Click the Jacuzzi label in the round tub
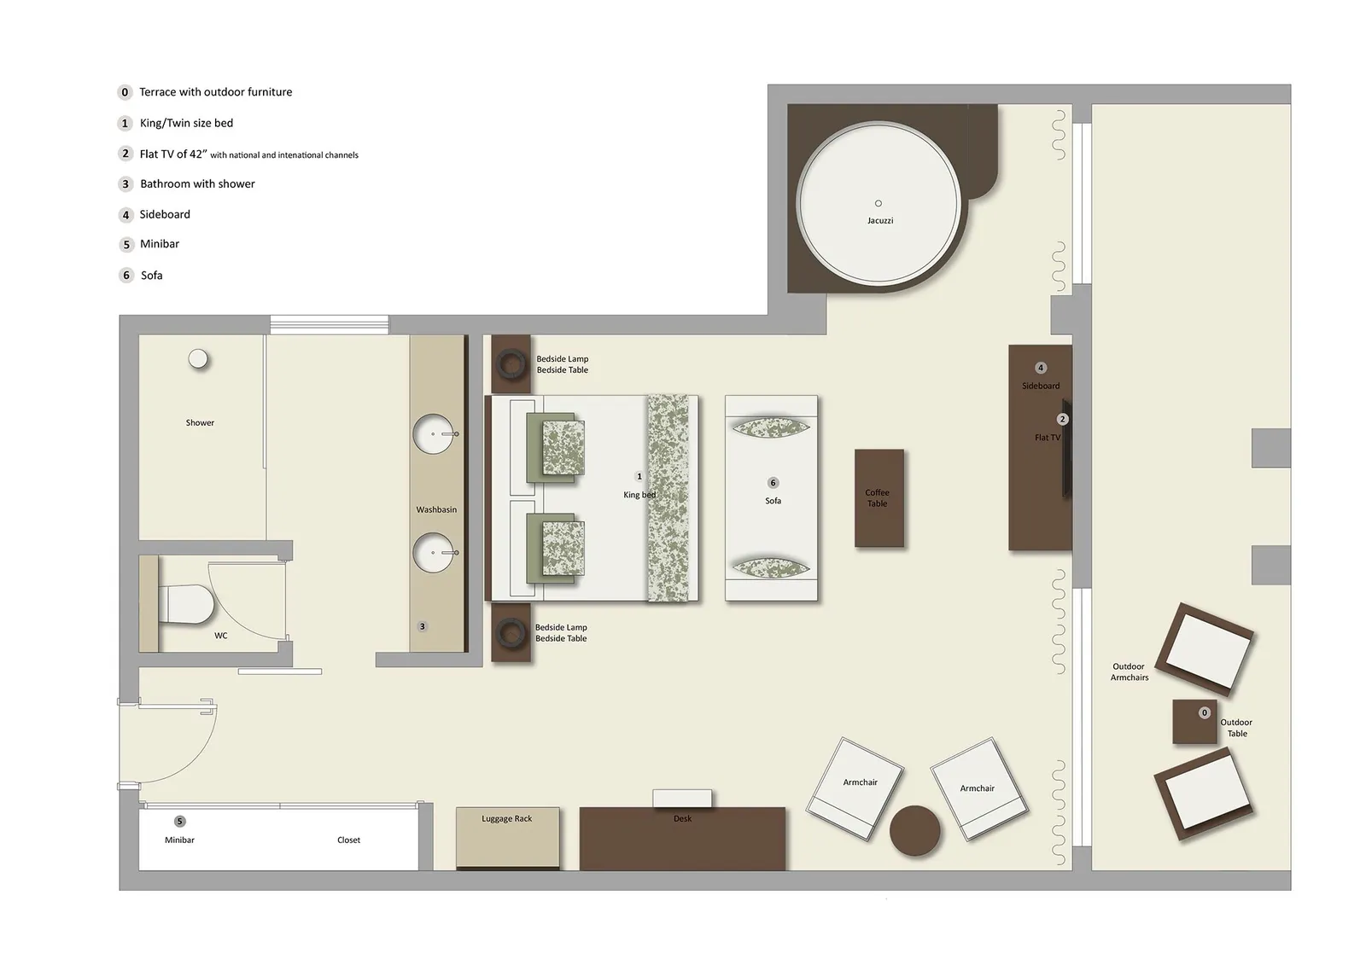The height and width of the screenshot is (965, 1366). pyautogui.click(x=880, y=221)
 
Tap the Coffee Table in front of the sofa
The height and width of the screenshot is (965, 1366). pyautogui.click(x=879, y=498)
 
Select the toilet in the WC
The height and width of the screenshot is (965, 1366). pyautogui.click(x=187, y=604)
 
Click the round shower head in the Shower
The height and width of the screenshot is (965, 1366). pyautogui.click(x=198, y=359)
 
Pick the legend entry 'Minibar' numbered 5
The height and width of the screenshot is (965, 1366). pyautogui.click(x=160, y=244)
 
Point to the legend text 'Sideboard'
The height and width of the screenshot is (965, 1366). pyautogui.click(x=165, y=214)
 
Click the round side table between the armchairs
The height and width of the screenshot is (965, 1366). pyautogui.click(x=914, y=830)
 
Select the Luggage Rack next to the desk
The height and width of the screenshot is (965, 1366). pyautogui.click(x=507, y=838)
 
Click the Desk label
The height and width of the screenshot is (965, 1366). pyautogui.click(x=682, y=819)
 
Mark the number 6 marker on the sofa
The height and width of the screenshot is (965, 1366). pyautogui.click(x=773, y=483)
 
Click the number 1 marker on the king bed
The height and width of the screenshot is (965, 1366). pyautogui.click(x=639, y=477)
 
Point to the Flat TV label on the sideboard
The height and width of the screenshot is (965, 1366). pyautogui.click(x=1047, y=438)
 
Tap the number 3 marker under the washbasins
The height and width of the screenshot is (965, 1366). pyautogui.click(x=422, y=626)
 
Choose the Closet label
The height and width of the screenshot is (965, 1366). pyautogui.click(x=348, y=840)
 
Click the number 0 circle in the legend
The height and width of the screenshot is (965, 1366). pyautogui.click(x=126, y=92)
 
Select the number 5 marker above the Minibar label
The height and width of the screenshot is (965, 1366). pyautogui.click(x=179, y=822)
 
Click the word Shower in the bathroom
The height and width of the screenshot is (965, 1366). pyautogui.click(x=200, y=423)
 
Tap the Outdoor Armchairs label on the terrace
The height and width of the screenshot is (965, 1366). pyautogui.click(x=1129, y=672)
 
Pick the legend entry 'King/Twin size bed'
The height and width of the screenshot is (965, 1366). pyautogui.click(x=186, y=123)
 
